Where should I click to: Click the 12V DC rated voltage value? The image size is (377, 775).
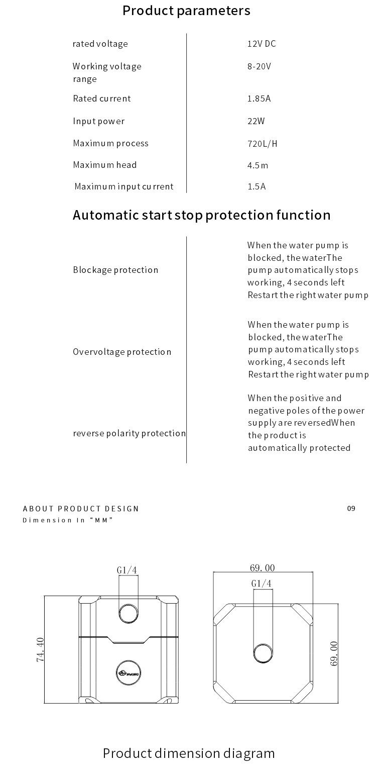click(x=262, y=44)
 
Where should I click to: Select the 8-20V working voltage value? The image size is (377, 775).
click(x=259, y=66)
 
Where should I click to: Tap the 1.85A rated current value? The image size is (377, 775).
click(x=259, y=99)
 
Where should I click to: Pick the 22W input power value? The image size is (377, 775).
click(x=256, y=121)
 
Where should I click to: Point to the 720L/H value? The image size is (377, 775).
click(x=262, y=144)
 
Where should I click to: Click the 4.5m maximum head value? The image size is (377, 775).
click(x=258, y=165)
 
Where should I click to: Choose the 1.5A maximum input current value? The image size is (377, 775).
click(x=257, y=186)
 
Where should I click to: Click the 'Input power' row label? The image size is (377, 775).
click(x=99, y=121)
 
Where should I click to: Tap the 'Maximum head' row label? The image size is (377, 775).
click(x=105, y=165)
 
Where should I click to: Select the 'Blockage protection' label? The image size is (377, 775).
click(x=115, y=270)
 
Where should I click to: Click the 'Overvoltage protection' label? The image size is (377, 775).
click(x=122, y=352)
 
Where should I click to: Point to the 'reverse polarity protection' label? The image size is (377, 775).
click(x=129, y=433)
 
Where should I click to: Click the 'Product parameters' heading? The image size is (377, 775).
click(x=186, y=11)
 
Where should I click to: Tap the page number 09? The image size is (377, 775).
click(x=351, y=508)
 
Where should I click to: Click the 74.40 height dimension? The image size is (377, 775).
click(x=41, y=650)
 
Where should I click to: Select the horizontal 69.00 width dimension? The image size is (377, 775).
click(x=262, y=568)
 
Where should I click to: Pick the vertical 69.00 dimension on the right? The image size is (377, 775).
click(x=334, y=653)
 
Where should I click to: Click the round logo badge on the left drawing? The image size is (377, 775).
click(x=129, y=672)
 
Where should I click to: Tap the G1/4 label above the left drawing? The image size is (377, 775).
click(x=127, y=570)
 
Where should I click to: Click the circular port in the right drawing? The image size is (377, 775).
click(x=263, y=653)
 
